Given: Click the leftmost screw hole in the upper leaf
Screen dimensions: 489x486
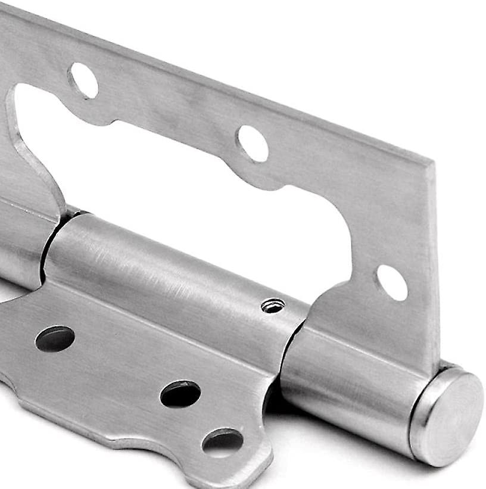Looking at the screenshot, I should tap(83, 80).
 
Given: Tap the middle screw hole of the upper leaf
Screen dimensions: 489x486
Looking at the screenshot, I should tap(253, 143).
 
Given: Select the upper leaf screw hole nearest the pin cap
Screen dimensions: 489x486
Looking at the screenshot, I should tap(392, 282).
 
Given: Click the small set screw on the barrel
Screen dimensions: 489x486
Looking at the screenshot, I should tap(272, 306).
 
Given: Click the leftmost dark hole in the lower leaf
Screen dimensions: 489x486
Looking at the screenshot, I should tap(55, 338).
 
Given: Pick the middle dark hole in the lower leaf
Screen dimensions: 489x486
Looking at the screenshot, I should tap(180, 394).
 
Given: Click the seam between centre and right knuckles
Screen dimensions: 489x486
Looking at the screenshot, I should tap(292, 345).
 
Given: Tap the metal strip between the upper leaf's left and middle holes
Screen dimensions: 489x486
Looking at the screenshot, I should tap(167, 107).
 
